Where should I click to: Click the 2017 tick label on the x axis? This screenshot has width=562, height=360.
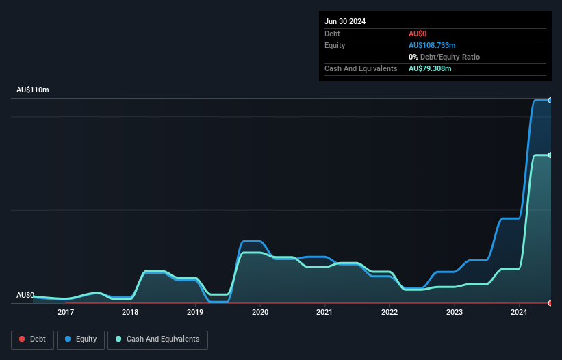66,313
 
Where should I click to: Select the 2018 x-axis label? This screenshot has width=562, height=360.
130,313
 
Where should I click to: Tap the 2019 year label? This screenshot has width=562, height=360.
195,313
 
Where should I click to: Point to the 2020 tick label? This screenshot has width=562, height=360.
260,313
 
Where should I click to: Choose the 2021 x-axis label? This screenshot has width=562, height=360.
324,313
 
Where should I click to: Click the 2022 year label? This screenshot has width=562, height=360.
389,313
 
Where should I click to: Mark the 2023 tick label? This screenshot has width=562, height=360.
454,313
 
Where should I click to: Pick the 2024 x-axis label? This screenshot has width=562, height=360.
519,313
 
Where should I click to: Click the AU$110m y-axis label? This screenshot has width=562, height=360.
33,90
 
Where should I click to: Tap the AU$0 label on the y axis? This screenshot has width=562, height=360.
25,295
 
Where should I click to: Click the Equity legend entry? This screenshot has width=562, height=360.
81,339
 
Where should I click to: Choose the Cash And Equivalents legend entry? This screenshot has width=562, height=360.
157,339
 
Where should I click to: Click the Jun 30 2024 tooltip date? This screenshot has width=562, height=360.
345,21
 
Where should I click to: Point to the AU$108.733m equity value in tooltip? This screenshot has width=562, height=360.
432,45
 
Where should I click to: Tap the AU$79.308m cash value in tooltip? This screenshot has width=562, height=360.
430,68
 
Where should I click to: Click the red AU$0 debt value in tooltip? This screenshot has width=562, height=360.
418,34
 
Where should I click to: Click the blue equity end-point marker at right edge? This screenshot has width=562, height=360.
550,100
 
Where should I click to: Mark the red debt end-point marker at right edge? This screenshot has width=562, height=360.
550,303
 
